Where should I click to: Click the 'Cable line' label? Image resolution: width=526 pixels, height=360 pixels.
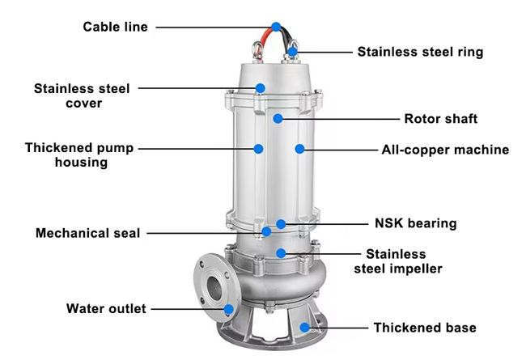[x=115, y=27]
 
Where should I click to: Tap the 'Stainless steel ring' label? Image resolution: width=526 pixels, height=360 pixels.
[x=420, y=52]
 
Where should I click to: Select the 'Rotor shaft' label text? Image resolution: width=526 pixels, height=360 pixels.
[x=440, y=119]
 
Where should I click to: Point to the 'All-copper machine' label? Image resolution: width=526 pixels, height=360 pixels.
[x=445, y=150]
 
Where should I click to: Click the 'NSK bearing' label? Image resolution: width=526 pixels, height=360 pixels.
[x=415, y=223]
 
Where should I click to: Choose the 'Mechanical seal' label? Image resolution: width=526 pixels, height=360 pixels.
[x=87, y=233]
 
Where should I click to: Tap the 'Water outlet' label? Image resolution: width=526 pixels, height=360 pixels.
[x=105, y=308]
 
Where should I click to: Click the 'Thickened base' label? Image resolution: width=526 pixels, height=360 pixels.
[x=424, y=328]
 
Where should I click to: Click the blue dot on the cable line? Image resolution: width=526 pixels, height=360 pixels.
[x=277, y=27]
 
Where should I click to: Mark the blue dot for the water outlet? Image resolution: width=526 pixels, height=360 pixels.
[x=229, y=308]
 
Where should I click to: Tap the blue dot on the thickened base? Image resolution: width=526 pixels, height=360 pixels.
[x=305, y=328]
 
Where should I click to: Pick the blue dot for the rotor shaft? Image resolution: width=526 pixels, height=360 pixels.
[x=278, y=119]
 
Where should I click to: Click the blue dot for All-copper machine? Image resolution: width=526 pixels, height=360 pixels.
[x=299, y=150]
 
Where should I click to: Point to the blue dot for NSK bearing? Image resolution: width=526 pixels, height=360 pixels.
[x=281, y=223]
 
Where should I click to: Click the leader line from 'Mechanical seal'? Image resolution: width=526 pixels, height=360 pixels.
[x=202, y=233]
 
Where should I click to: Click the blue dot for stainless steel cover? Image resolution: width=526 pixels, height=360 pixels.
[x=261, y=87]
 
